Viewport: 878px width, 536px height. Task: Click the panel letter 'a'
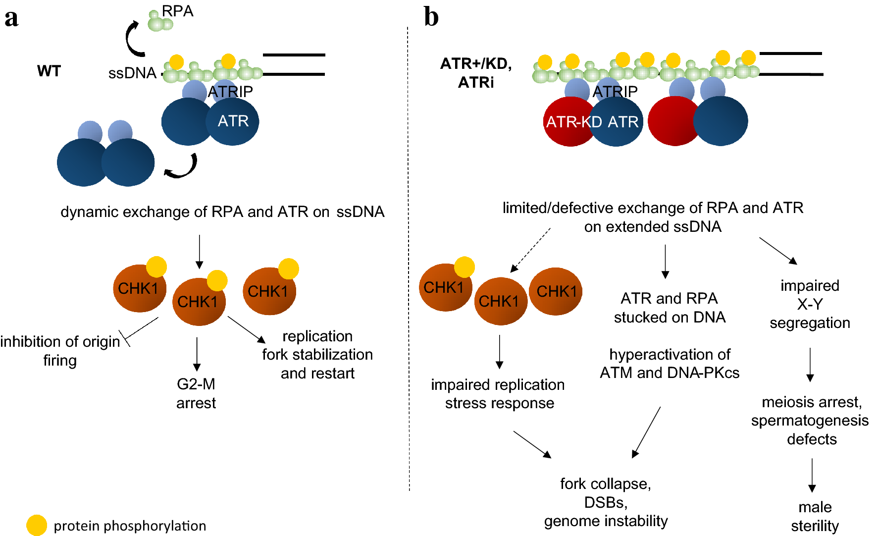pos(11,18)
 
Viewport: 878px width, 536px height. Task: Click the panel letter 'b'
pos(431,17)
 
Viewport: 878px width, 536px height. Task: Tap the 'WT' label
pos(49,71)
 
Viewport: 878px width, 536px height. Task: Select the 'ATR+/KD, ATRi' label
pos(476,73)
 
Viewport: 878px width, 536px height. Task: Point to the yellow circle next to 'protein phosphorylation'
pos(36,525)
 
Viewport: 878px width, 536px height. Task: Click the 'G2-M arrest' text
pos(196,393)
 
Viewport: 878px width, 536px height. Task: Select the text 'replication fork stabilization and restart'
pos(317,355)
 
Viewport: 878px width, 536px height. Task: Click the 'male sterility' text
pos(815,516)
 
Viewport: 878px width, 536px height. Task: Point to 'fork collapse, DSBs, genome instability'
pos(606,502)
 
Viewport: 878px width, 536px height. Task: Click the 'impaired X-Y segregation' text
pos(810,304)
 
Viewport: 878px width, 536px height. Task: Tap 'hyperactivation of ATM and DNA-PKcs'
pos(670,364)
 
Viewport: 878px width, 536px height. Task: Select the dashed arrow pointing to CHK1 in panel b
pos(530,250)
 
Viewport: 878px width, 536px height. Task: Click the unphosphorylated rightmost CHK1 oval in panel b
pos(556,291)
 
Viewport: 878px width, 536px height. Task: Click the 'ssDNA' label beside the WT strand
pos(132,73)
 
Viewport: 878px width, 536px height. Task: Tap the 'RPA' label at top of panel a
pos(177,11)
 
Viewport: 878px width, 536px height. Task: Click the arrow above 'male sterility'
pos(812,475)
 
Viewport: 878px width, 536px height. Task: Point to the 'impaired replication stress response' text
pos(498,394)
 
